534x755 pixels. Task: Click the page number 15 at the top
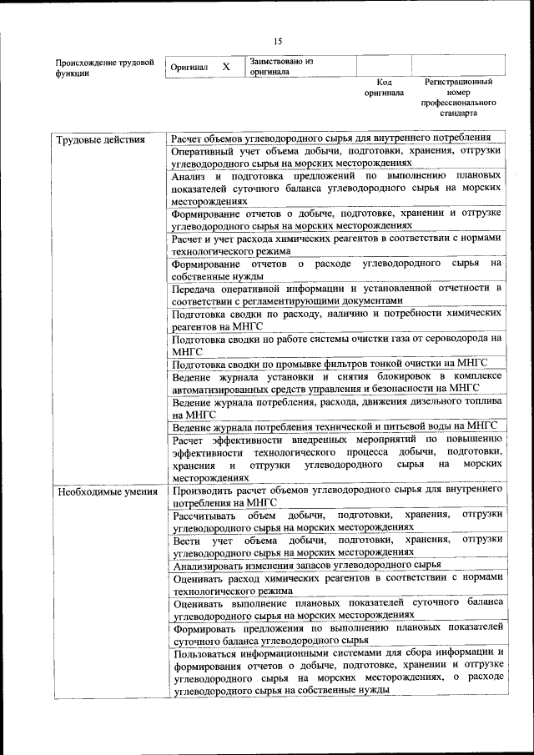[x=279, y=41]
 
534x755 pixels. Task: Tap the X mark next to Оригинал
[x=225, y=66]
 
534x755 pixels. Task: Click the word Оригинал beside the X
[x=188, y=67]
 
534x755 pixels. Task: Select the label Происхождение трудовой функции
[x=104, y=68]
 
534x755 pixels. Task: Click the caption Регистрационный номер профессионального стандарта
[x=457, y=97]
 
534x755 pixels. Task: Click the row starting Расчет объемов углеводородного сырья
[x=330, y=138]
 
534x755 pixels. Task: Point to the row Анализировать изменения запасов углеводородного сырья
[x=306, y=565]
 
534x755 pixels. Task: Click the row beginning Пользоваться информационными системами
[x=337, y=672]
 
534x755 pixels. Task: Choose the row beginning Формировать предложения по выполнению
[x=337, y=633]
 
